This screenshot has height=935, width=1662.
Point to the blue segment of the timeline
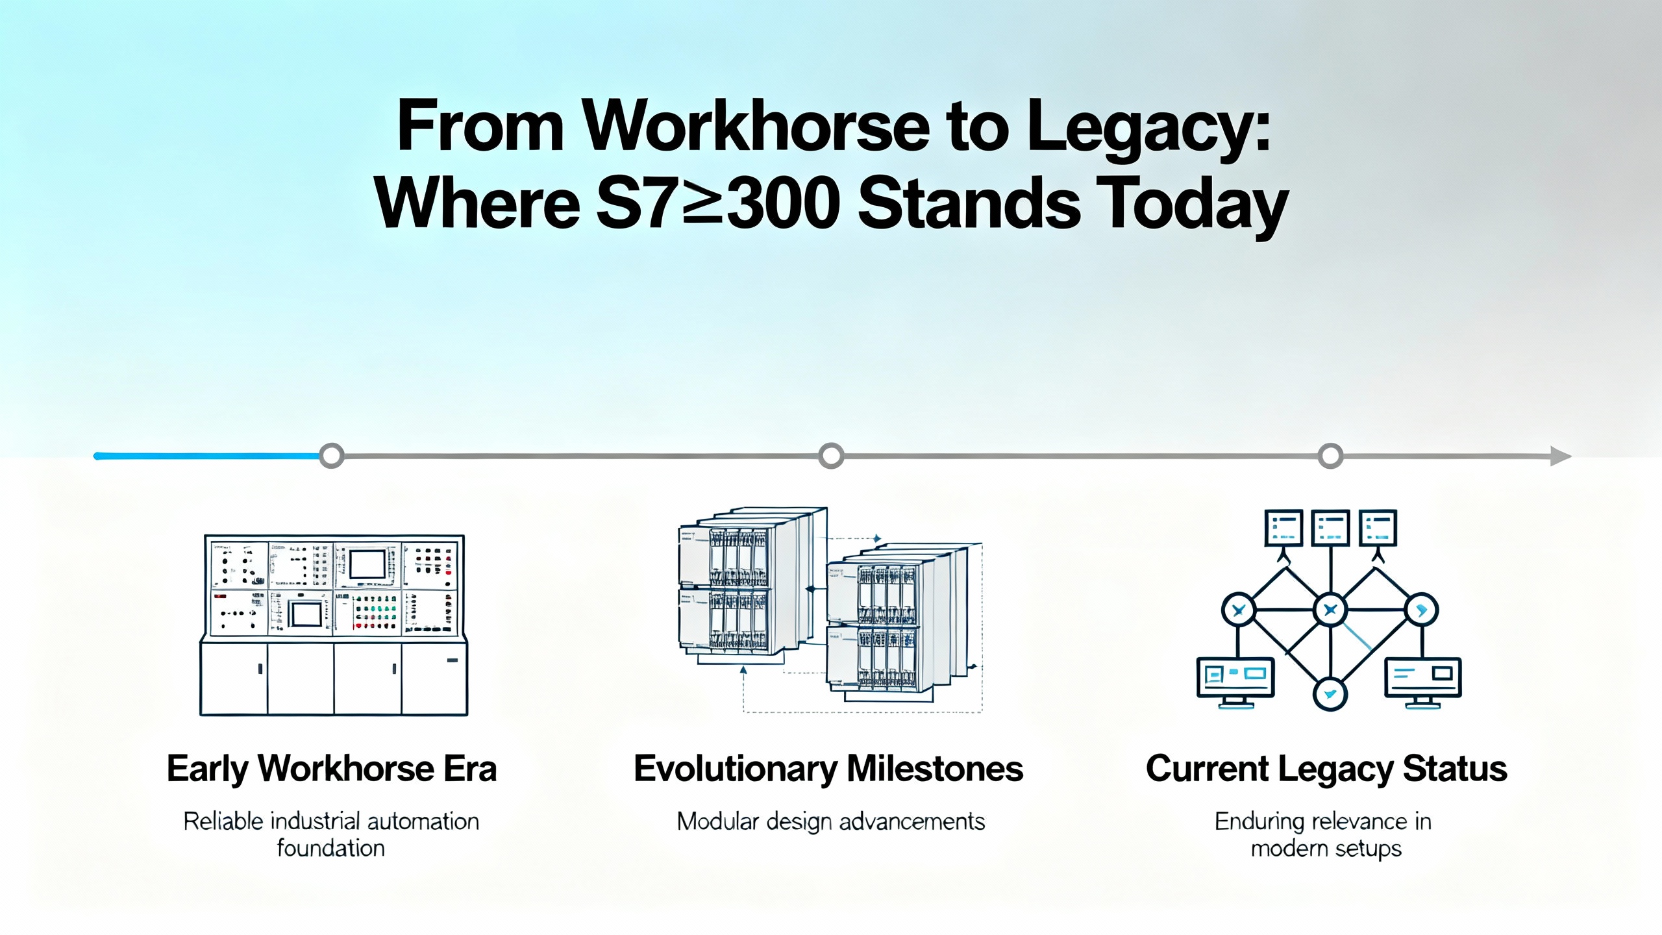208,456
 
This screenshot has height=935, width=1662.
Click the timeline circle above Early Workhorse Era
332,456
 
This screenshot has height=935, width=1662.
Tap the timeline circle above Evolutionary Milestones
831,456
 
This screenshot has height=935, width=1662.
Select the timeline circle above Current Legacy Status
1330,456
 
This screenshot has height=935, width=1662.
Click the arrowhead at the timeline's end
1561,456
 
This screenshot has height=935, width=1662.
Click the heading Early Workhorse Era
332,769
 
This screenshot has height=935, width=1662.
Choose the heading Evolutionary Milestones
828,769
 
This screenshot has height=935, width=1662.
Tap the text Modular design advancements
831,822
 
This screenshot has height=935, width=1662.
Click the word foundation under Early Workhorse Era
331,848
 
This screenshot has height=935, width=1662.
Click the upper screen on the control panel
368,564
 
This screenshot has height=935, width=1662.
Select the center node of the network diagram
1330,610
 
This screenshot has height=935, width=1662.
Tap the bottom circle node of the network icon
1330,693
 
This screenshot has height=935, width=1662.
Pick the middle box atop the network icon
1331,528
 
